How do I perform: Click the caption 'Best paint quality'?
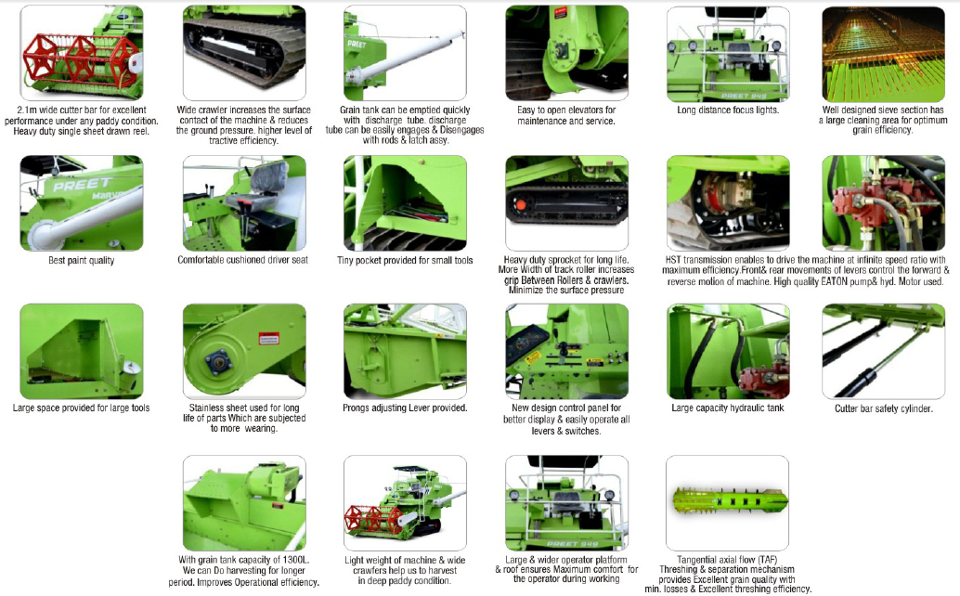pos(82,260)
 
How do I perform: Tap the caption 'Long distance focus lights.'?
pos(728,110)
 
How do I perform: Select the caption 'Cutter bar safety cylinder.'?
pos(884,408)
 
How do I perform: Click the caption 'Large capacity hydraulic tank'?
pos(727,408)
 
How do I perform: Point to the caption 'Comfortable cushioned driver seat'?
pos(243,259)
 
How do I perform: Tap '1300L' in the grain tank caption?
pos(296,559)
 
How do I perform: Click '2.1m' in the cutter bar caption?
pos(27,110)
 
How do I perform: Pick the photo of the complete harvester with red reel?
pos(405,503)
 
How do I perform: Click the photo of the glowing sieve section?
pos(883,54)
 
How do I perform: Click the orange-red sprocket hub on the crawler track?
pos(521,205)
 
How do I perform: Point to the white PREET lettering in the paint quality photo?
pos(82,184)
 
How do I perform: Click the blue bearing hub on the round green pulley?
pos(218,362)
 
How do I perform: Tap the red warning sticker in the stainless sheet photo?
pos(268,339)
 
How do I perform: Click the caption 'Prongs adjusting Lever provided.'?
pos(405,408)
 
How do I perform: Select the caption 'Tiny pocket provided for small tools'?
pos(405,260)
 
